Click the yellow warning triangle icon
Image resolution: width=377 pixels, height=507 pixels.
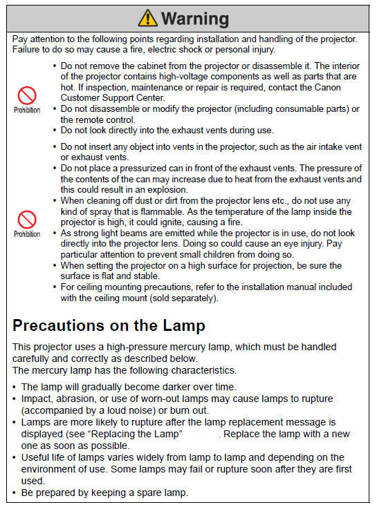148,17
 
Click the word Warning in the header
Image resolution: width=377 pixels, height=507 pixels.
194,17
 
